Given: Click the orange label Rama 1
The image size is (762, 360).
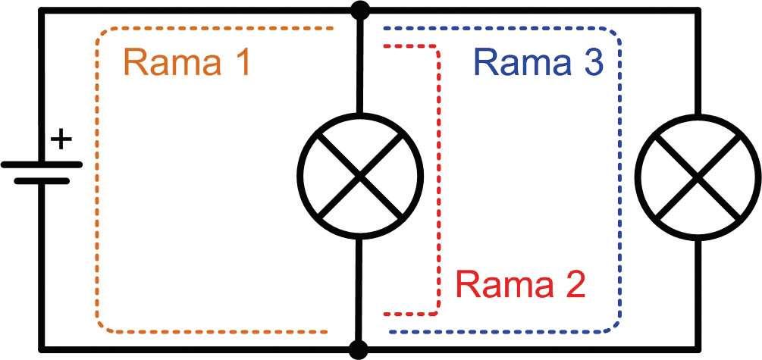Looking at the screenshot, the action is pyautogui.click(x=187, y=64).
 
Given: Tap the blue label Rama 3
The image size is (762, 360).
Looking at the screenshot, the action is pyautogui.click(x=538, y=64).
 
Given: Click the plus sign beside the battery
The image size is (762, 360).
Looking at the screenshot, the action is pyautogui.click(x=62, y=140).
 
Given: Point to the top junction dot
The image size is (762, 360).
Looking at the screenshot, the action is pyautogui.click(x=359, y=10).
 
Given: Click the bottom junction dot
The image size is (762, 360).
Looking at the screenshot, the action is pyautogui.click(x=359, y=349).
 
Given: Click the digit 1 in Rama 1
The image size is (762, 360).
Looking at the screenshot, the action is pyautogui.click(x=239, y=64).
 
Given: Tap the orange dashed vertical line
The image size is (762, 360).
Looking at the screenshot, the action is pyautogui.click(x=97, y=178).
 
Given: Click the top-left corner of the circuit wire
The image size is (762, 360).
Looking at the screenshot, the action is pyautogui.click(x=40, y=10).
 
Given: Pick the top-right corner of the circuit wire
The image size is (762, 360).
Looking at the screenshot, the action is pyautogui.click(x=697, y=10).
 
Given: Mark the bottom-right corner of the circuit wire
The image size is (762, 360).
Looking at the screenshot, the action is pyautogui.click(x=697, y=349).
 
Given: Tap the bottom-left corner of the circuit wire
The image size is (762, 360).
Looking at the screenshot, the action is pyautogui.click(x=40, y=349).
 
